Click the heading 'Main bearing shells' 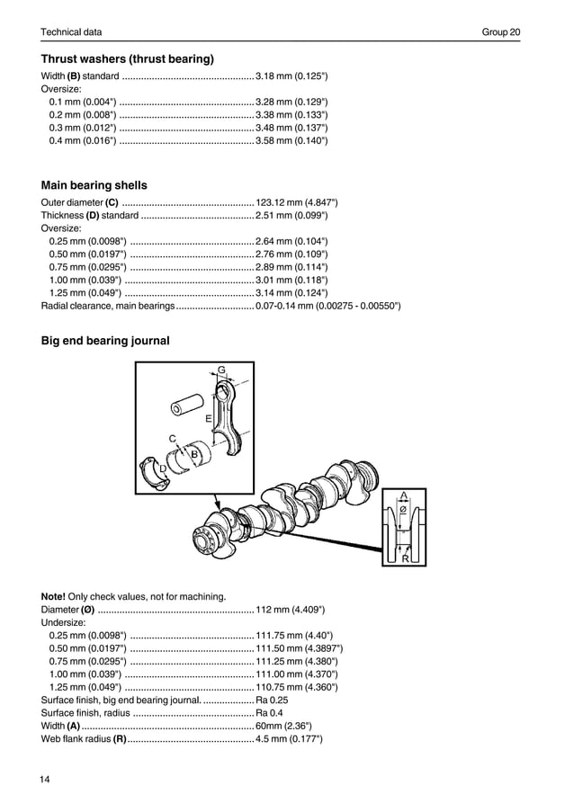point(94,185)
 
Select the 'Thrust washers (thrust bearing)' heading point(127,59)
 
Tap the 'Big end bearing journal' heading point(105,341)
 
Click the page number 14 point(46,779)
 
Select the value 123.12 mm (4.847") point(297,202)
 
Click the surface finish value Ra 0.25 point(272,699)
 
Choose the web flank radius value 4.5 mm point(289,738)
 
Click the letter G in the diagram point(221,369)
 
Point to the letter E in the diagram point(208,419)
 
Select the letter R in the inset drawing point(406,558)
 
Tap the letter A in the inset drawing point(404,495)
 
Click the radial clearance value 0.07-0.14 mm point(327,306)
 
